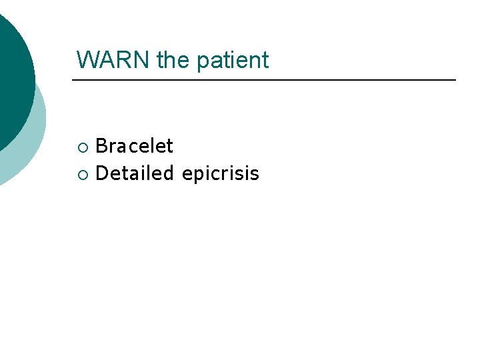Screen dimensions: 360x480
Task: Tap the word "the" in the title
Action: [172, 60]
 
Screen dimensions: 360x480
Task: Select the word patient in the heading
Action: [232, 61]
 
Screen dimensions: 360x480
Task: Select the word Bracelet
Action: [134, 146]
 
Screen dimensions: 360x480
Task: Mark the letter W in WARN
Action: [87, 60]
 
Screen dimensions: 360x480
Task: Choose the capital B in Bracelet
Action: [101, 146]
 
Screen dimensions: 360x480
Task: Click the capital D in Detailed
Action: [102, 174]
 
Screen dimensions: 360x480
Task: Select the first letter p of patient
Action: [202, 61]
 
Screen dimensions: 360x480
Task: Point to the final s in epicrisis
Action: [255, 175]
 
